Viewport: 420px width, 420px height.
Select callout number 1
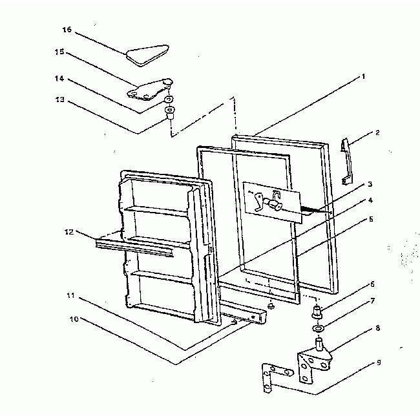363,76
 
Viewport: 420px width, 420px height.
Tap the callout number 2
377,132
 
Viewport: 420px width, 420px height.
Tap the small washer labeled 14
169,101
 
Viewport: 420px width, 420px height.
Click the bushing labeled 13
169,114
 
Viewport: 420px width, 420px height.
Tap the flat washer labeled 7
318,329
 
